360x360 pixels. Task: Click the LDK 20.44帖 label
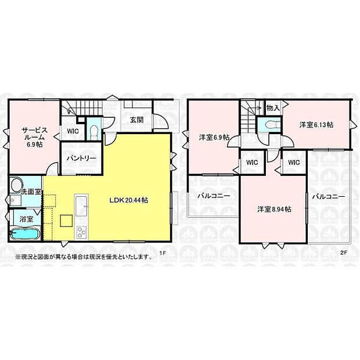coord(128,200)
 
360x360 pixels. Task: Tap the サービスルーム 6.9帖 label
coord(34,137)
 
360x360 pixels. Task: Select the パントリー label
coord(81,159)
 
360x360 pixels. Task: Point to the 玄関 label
coord(137,120)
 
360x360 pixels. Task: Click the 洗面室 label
coord(31,192)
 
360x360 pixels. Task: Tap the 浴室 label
coord(26,219)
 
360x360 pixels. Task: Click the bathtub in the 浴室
coord(25,234)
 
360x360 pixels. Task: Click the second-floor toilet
coord(273,125)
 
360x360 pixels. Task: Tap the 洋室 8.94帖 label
coord(275,210)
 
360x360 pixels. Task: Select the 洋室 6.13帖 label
coord(316,125)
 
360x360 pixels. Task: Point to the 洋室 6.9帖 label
coord(214,137)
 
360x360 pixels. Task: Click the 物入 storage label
coord(273,107)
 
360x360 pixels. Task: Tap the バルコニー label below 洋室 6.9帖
coord(214,196)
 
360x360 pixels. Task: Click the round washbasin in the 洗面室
coord(16,185)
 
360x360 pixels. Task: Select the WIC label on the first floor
coord(73,131)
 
